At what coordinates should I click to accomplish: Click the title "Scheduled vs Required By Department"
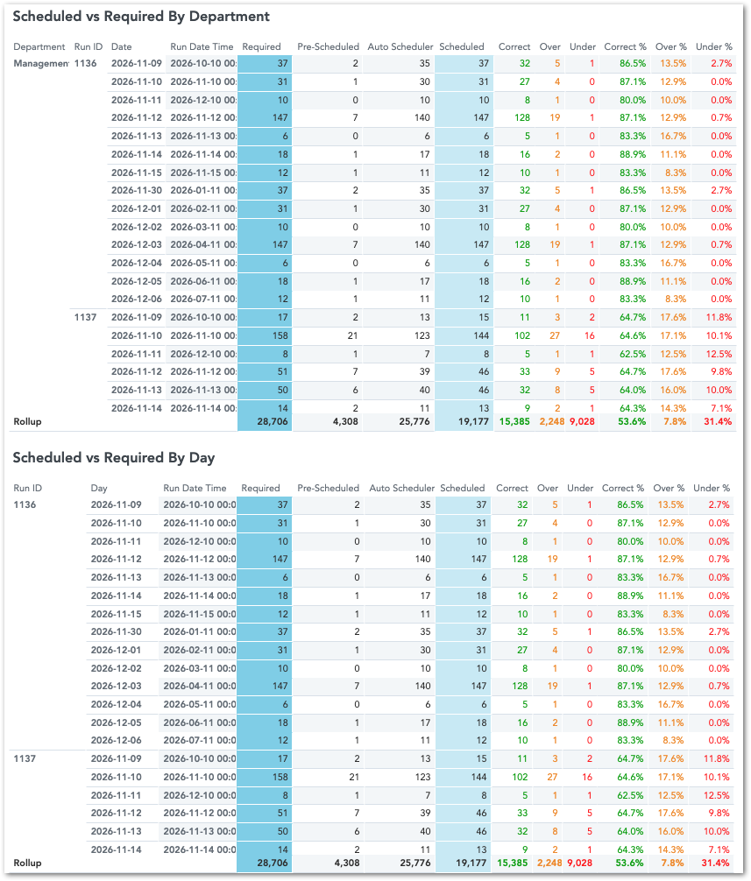141,17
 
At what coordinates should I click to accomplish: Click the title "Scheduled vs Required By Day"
114,457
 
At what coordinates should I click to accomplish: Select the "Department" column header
39,46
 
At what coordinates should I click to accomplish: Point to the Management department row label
40,63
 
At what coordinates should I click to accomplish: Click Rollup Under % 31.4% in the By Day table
712,863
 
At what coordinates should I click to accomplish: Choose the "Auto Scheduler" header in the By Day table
401,488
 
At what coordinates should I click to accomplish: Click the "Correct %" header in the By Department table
625,46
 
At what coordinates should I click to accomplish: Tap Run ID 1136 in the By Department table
86,63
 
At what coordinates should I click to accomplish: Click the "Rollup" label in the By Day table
27,863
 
